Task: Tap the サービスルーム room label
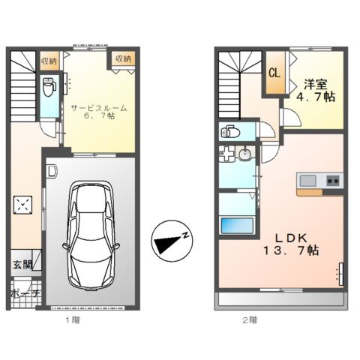pos(98,108)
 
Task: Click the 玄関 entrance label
pos(22,265)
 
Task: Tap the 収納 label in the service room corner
pos(122,59)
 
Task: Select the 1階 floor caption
pos(71,319)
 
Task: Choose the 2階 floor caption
pos(250,319)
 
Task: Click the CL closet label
pos(274,73)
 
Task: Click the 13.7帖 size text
pos(291,250)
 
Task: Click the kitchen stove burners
pos(332,180)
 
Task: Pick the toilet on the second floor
pos(229,133)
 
